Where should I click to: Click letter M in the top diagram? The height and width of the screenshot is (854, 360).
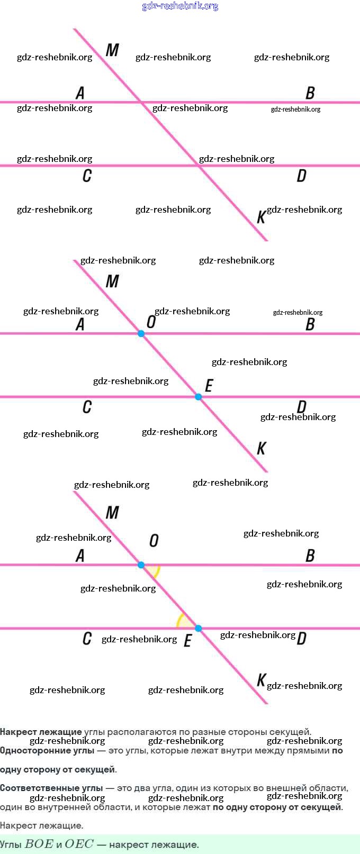coord(112,50)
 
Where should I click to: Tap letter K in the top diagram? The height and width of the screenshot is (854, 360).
coord(261,217)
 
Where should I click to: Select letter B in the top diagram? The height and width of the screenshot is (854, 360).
coord(310,93)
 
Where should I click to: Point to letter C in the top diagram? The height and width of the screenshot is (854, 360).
coord(87,176)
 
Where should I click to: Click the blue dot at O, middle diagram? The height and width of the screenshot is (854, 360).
coord(141,334)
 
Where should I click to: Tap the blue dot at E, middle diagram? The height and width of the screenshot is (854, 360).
coord(198,397)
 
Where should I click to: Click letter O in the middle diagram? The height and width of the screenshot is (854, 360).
coord(151,322)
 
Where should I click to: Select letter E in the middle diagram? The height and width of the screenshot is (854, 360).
coord(209,386)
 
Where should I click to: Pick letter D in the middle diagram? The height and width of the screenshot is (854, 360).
coord(301,406)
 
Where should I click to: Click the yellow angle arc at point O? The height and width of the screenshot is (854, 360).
coord(155,571)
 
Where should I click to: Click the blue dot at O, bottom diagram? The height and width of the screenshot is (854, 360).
coord(141,565)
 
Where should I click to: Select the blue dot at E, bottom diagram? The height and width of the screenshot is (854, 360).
coord(198,629)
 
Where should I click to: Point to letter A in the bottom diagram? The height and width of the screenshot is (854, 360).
coord(80,556)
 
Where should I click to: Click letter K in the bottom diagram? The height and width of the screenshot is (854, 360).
coord(261,680)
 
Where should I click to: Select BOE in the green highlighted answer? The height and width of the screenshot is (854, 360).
coord(39,844)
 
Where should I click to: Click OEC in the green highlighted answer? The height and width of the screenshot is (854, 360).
coord(79,844)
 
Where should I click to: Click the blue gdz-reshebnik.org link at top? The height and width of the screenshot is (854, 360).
coord(180,6)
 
